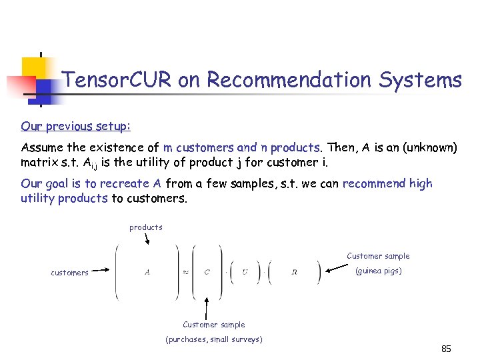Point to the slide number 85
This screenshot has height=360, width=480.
pos(446,349)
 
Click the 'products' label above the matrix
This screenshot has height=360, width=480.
pos(146,227)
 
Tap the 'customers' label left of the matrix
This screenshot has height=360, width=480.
pos(69,273)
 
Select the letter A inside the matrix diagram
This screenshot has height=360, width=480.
pos(147,272)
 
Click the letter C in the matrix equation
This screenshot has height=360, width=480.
pos(207,272)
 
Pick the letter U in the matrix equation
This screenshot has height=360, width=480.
pos(245,272)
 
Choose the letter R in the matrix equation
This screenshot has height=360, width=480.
pos(294,272)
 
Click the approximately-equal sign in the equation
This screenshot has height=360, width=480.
pos(186,272)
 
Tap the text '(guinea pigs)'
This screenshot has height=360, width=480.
pos(378,271)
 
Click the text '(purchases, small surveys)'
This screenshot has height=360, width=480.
pos(213,339)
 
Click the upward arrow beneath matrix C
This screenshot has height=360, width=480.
pos(207,307)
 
